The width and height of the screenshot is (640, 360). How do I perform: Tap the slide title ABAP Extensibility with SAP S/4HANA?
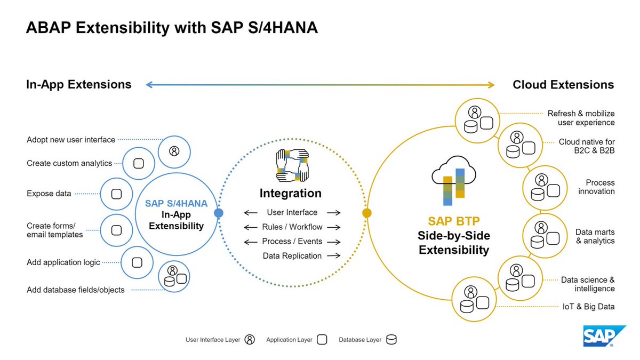click(x=172, y=28)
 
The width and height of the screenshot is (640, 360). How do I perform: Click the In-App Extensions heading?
click(x=78, y=84)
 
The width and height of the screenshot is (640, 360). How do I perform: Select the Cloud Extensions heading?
click(x=563, y=84)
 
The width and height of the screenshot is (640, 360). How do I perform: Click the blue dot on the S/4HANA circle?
click(x=218, y=213)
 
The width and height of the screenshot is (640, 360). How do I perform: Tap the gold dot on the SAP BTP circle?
click(x=366, y=213)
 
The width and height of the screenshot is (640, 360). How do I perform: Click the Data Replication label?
click(x=292, y=256)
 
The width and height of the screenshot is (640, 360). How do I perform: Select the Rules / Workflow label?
click(x=292, y=227)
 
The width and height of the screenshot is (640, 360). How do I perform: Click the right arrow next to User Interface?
click(x=334, y=213)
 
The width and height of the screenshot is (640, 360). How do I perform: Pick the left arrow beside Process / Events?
click(x=251, y=242)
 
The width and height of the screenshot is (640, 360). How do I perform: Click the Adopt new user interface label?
click(x=71, y=140)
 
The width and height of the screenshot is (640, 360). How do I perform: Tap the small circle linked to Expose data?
click(x=116, y=194)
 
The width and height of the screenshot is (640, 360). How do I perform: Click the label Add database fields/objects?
click(x=75, y=290)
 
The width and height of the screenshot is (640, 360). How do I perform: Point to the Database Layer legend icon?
click(x=391, y=340)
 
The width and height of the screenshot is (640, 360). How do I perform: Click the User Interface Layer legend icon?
click(x=250, y=340)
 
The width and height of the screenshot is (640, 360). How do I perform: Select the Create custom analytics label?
click(x=69, y=163)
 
